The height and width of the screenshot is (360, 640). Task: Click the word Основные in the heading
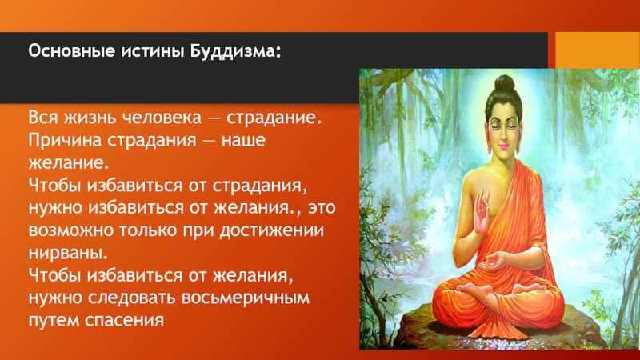tap(71, 51)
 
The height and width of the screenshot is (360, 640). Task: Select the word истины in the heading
tap(151, 52)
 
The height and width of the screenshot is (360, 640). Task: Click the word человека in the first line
tap(162, 118)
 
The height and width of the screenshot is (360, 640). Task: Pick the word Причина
tap(66, 141)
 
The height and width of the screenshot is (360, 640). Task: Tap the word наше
tap(244, 141)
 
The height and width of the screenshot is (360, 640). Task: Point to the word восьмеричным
tap(246, 298)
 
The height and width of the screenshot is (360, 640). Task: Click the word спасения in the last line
tap(124, 321)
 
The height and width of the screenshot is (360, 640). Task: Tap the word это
tap(322, 208)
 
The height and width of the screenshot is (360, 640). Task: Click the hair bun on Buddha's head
tap(505, 84)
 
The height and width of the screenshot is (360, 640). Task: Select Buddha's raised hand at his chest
tap(482, 211)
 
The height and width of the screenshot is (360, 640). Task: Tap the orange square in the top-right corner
tap(598, 50)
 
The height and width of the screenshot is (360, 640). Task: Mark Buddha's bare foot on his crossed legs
tap(475, 290)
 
